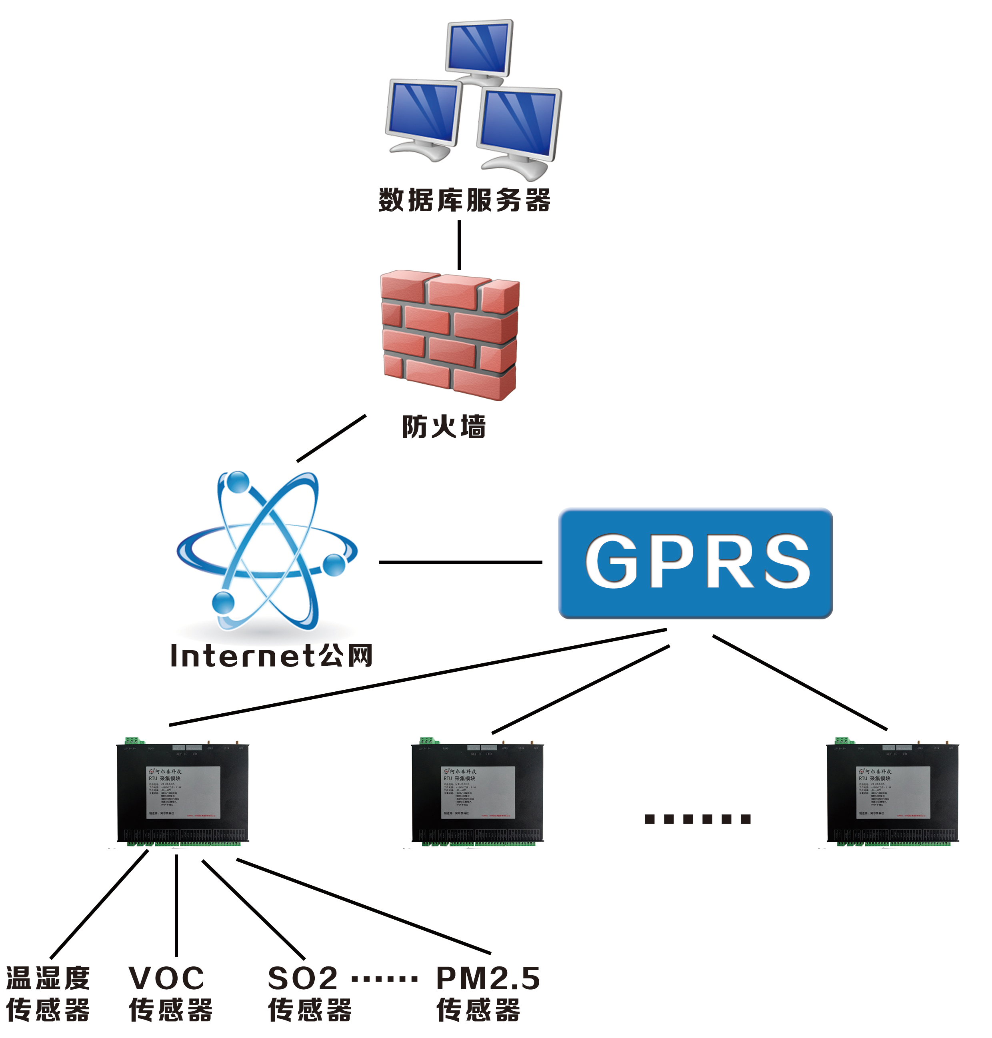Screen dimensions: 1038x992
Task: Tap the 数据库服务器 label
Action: [464, 200]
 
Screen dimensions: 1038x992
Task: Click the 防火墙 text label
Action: [444, 427]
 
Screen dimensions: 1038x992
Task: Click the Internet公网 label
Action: [271, 656]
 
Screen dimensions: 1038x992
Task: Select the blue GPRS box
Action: [695, 563]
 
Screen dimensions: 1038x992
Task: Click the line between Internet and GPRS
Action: [460, 562]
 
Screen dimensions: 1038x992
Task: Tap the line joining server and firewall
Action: [459, 245]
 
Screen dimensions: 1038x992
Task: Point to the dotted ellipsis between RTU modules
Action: [698, 819]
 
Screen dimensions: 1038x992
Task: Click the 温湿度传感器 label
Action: [48, 994]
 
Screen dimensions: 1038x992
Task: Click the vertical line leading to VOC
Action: [176, 904]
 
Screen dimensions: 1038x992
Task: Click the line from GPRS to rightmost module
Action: [800, 682]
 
